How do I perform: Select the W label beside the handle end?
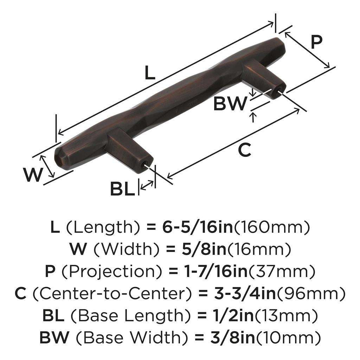coord(33,174)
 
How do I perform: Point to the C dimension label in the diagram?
coord(244,150)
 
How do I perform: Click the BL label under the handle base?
coord(122,189)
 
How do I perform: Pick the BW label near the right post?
coord(230,104)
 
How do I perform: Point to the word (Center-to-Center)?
coord(109,293)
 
